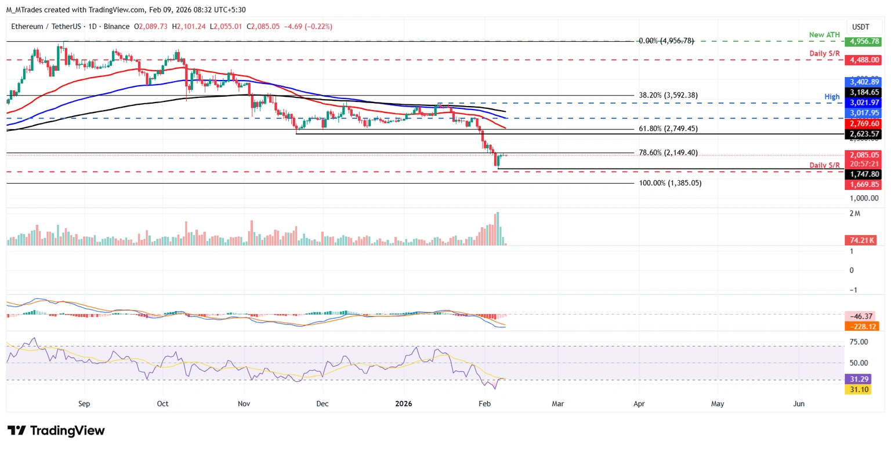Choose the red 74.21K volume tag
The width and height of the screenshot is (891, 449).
[x=860, y=240]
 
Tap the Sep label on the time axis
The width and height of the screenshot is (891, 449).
[x=84, y=403]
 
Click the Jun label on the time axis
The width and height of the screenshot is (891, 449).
[x=799, y=403]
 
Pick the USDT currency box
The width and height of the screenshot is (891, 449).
[x=861, y=27]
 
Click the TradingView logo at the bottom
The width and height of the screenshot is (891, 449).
[x=56, y=430]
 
